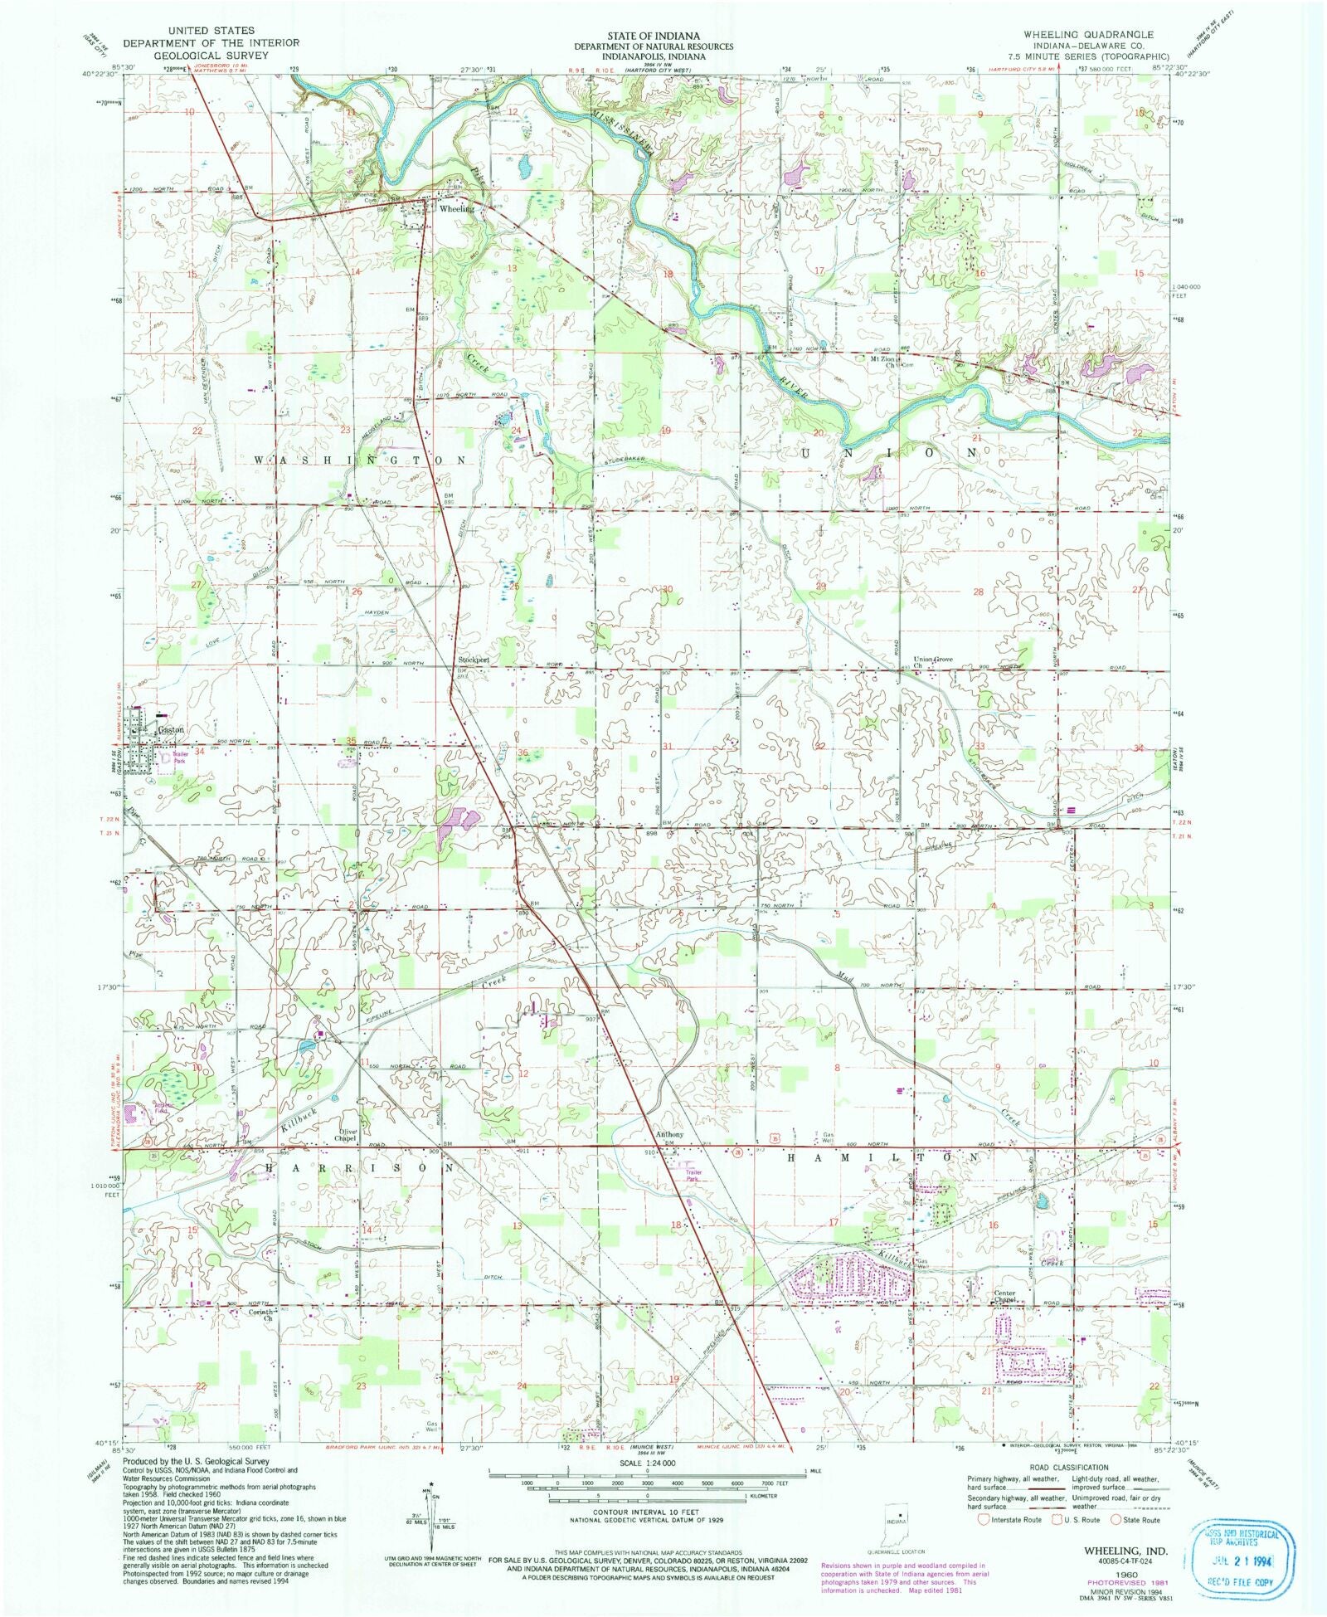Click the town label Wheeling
coord(456,209)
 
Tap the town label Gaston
coord(171,729)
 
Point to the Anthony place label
coord(669,1134)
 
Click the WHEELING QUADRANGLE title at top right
coord(1087,34)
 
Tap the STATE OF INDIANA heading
coord(664,36)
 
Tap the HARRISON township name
coord(361,1166)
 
